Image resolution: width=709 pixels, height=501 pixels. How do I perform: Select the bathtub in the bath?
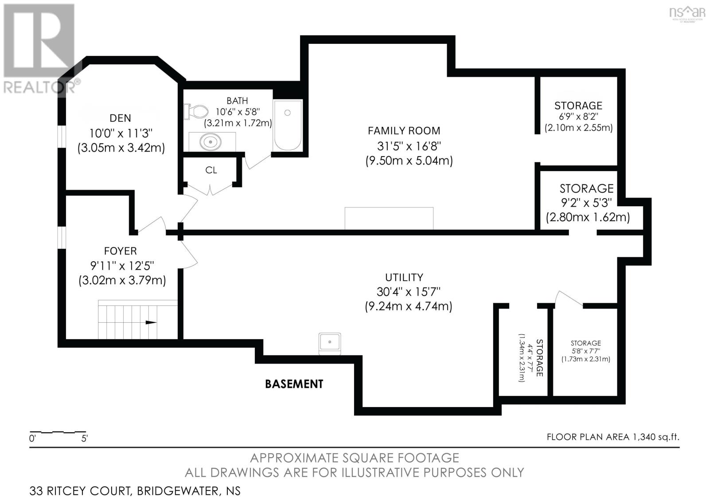click(288, 125)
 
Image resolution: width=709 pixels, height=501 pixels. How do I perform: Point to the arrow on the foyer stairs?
click(151, 322)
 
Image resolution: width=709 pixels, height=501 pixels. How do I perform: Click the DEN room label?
click(121, 118)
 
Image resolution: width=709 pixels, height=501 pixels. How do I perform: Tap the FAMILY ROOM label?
click(404, 131)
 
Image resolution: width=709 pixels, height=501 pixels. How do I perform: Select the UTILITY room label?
click(404, 278)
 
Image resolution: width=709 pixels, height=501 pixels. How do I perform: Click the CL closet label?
click(211, 170)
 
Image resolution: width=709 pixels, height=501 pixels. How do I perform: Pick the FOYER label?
click(121, 251)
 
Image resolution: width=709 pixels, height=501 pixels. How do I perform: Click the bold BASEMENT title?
click(294, 384)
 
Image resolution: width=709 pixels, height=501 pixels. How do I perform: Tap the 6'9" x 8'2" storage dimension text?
click(578, 117)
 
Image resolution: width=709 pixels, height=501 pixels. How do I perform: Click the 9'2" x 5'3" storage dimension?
click(586, 203)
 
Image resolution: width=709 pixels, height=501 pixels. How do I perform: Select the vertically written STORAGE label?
click(539, 358)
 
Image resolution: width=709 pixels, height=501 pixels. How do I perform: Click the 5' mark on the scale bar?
click(84, 439)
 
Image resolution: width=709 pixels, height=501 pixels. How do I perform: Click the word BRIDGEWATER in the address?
click(177, 491)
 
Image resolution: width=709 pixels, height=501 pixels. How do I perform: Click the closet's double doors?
click(210, 189)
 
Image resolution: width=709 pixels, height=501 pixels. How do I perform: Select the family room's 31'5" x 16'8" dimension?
click(409, 146)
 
